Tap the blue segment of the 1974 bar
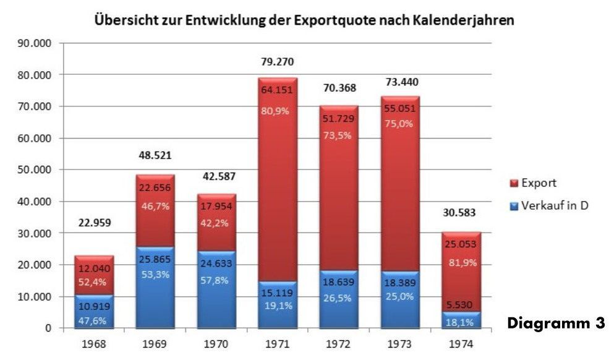461,319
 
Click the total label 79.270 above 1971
277,62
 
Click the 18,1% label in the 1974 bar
461,322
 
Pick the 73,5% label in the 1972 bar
338,135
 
